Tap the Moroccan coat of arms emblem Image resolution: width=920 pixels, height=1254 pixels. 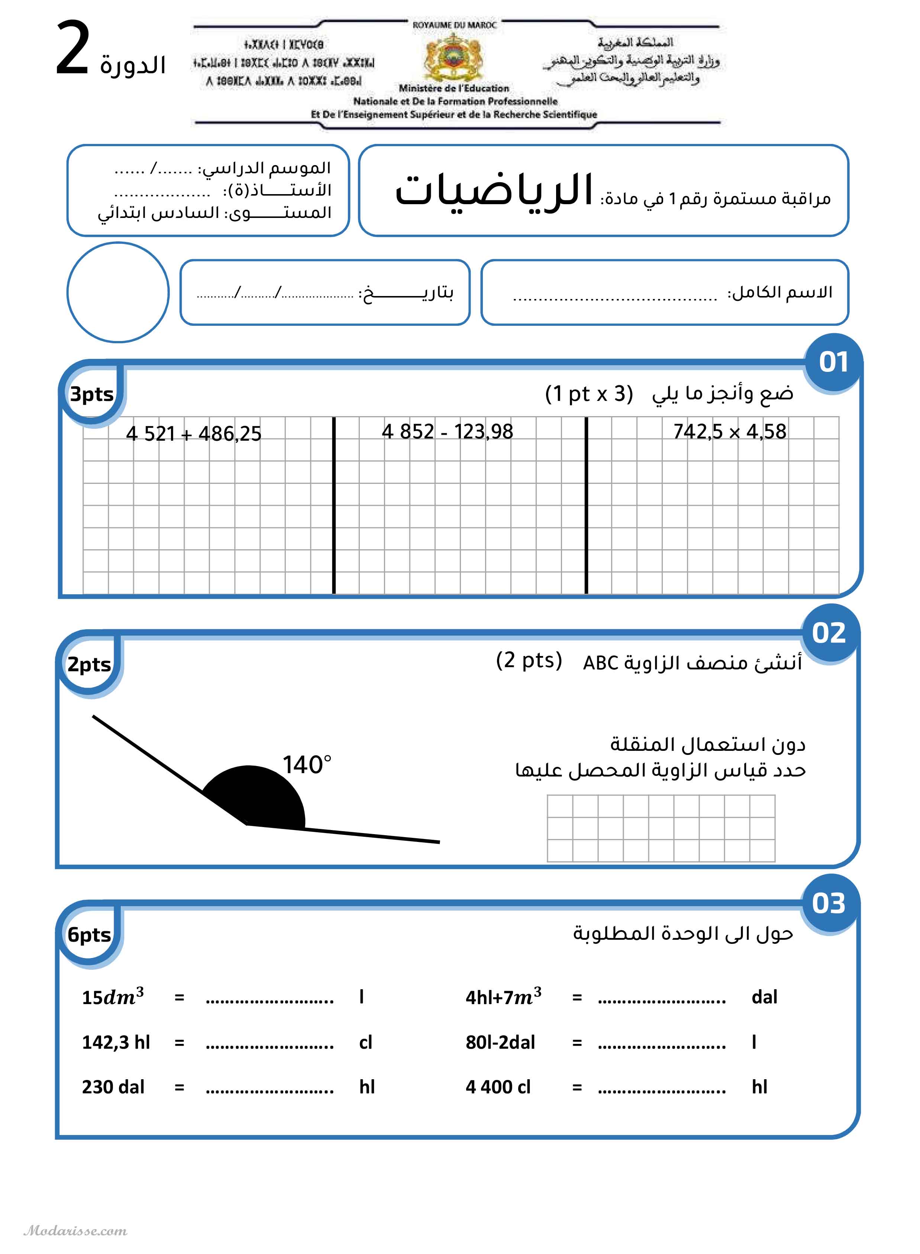coord(454,57)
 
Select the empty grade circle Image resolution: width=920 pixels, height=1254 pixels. coord(118,292)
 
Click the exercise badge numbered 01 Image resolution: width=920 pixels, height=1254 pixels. coord(833,362)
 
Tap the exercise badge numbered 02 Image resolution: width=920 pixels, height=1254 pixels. coord(829,633)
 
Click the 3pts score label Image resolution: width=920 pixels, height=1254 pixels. coord(91,395)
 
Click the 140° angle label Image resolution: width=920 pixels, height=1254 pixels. coord(307,765)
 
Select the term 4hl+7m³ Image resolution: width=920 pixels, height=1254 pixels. coord(503,997)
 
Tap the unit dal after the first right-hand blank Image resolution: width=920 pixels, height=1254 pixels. coord(764,997)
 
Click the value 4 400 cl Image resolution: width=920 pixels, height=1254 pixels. coord(498,1087)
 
